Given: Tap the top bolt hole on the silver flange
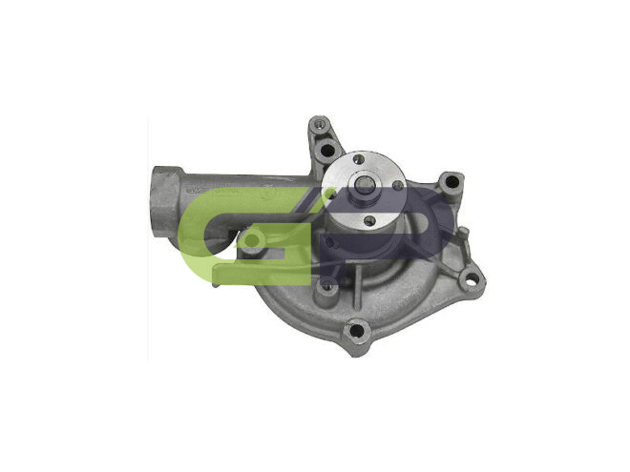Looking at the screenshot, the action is point(358,159).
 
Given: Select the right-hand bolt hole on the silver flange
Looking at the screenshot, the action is point(398,185).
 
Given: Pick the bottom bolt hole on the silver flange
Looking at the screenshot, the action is point(370,219).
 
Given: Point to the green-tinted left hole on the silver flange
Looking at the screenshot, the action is point(330,195).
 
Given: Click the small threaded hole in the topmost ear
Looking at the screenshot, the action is point(318,124).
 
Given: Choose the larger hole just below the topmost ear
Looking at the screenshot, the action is point(328,151).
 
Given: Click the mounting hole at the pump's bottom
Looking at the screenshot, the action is point(356,331).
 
